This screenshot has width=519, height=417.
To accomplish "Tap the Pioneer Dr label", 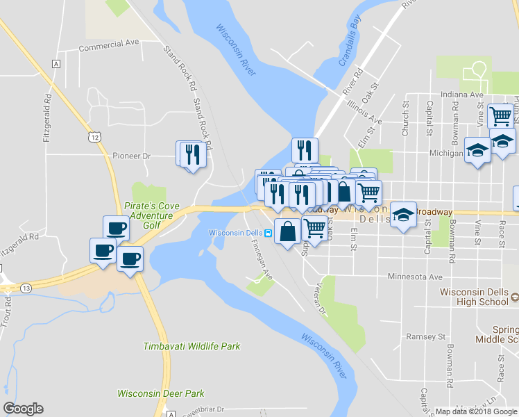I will coord(131,156).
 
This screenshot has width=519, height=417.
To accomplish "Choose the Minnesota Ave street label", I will coord(415,277).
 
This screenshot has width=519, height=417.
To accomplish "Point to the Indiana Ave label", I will coord(462,95).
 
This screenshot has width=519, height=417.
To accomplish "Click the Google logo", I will coord(23,409).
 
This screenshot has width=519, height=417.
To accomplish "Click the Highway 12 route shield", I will coord(94,136).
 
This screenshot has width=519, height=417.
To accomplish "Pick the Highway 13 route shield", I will coord(25,288).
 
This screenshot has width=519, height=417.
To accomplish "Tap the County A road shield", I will coord(55,64).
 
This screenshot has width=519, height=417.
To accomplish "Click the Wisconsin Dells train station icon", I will coord(268,232).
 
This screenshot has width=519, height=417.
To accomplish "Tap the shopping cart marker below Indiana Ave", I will coord(500,115).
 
